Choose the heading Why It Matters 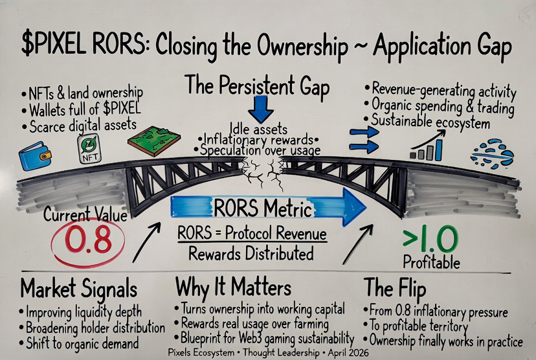click(233, 287)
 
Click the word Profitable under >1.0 click(431, 263)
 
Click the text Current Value click(85, 214)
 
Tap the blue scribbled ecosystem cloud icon click(491, 153)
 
